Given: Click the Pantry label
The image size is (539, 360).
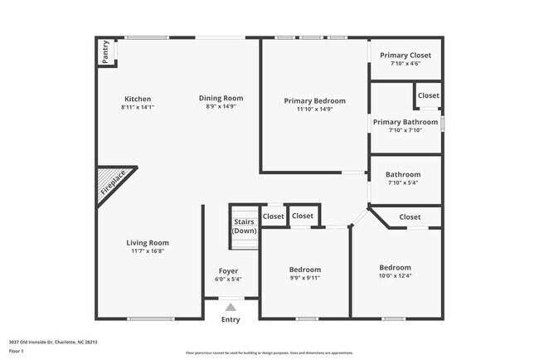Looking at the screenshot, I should coord(106,52).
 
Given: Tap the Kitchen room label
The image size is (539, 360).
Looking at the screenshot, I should coord(138,99).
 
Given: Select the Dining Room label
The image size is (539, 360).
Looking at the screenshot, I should coord(221,99).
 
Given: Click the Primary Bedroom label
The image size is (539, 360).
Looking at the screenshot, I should coord(314,100).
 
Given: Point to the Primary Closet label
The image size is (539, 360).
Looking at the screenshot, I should coord(405,56).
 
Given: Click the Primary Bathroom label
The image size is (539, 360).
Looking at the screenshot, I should coord(405,122).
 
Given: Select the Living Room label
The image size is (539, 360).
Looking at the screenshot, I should coord(148,243).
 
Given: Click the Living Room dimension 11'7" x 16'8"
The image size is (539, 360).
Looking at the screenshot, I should coord(148,251).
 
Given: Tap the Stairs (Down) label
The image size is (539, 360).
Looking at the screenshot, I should coord(244,226).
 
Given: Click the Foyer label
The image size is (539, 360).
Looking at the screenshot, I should coord(228,271).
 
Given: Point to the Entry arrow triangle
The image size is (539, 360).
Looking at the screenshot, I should coord(231,308).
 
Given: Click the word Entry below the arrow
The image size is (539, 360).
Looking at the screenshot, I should coord(231,320).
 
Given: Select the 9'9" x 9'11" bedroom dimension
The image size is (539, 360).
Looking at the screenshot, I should coord(304,278).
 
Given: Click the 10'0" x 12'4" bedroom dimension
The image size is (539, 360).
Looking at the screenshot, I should coord(395,276).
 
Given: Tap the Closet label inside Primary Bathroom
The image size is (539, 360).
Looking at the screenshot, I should coord(429,95).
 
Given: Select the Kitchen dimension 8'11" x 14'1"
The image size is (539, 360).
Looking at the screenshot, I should coord(138,107).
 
